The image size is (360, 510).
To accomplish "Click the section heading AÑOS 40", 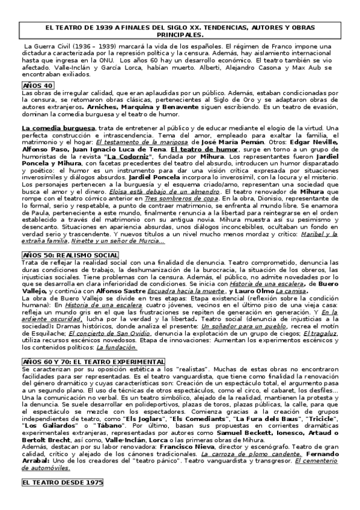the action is (38, 86).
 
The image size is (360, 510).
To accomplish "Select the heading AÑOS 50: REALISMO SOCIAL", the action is (70, 255).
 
